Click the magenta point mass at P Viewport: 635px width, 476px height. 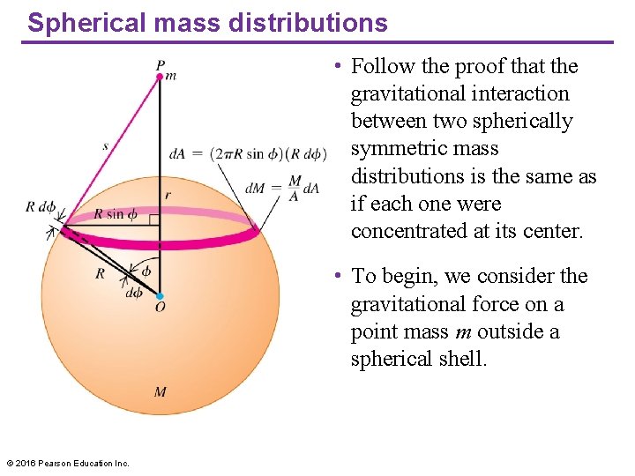[160, 77]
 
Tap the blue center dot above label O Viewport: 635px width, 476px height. [160, 295]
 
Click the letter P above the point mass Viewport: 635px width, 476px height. [160, 64]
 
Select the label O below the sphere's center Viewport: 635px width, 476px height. [160, 308]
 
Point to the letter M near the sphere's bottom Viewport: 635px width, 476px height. [160, 391]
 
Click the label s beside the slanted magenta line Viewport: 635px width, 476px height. [105, 145]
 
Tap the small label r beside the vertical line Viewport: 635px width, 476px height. [167, 195]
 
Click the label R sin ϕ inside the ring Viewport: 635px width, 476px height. [116, 214]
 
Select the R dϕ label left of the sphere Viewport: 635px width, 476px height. [41, 208]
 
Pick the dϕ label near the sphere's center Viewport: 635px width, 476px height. [134, 292]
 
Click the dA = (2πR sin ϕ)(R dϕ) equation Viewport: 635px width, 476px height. [248, 154]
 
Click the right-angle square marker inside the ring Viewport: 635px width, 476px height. [153, 219]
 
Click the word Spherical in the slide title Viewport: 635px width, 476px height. [78, 23]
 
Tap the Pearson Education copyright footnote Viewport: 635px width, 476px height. [68, 463]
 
